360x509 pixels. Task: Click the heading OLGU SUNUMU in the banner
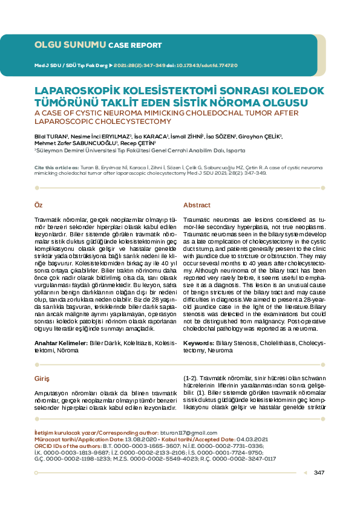click(70, 45)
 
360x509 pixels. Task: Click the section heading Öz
click(38, 206)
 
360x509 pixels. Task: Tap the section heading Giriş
click(41, 378)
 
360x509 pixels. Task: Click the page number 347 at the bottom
click(319, 472)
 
